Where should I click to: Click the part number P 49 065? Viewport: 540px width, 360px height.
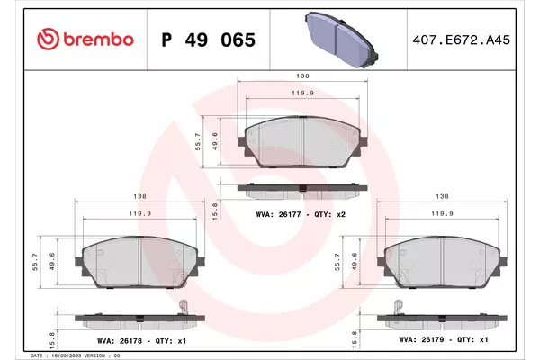click(x=209, y=40)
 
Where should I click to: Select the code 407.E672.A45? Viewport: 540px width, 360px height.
click(x=461, y=40)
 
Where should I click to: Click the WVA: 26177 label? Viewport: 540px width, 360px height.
click(x=278, y=214)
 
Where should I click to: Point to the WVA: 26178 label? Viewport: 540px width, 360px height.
click(x=120, y=341)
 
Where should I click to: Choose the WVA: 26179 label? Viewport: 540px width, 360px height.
click(x=421, y=339)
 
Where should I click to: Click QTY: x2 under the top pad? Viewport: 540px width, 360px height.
click(x=329, y=214)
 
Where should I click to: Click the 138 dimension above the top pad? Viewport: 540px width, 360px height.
click(x=302, y=76)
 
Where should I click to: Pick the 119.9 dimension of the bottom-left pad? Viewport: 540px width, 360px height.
click(x=140, y=213)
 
